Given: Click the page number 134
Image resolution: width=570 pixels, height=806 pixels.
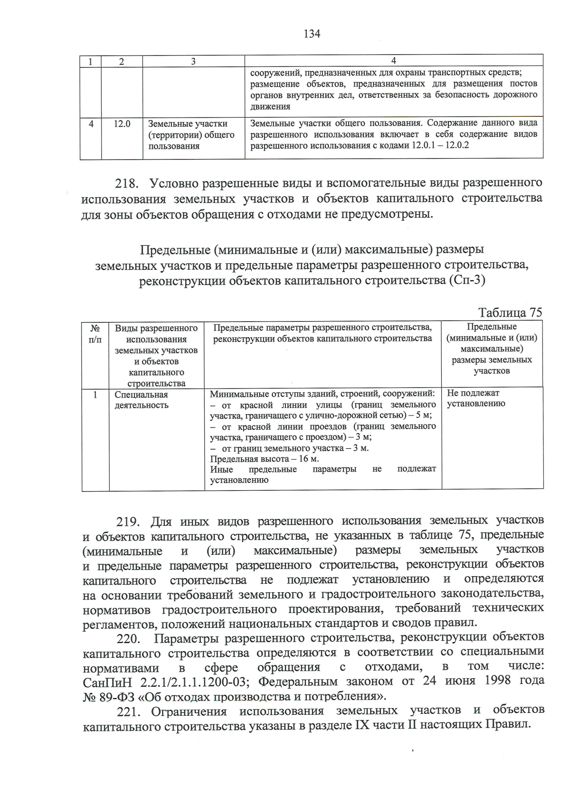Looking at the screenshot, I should click(312, 34).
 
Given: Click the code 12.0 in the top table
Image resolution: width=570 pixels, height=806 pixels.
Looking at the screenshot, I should click(122, 123).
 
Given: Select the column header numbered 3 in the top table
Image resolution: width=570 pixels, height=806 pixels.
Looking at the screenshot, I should click(193, 61).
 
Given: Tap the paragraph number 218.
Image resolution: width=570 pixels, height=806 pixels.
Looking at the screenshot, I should click(127, 183).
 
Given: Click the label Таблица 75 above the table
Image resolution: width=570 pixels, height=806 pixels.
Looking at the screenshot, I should click(510, 313).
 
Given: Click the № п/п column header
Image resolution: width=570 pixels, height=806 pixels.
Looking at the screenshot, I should click(95, 334).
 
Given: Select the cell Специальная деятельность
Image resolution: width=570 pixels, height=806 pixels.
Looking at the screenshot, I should click(142, 400).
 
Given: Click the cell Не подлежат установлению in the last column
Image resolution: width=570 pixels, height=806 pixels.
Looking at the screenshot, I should click(475, 398).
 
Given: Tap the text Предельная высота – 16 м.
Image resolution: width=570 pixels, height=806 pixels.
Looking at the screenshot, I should click(265, 459).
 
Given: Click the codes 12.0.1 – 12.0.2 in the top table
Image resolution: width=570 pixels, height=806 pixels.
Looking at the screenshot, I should click(439, 145).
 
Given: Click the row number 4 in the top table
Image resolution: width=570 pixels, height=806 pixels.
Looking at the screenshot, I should click(91, 123).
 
